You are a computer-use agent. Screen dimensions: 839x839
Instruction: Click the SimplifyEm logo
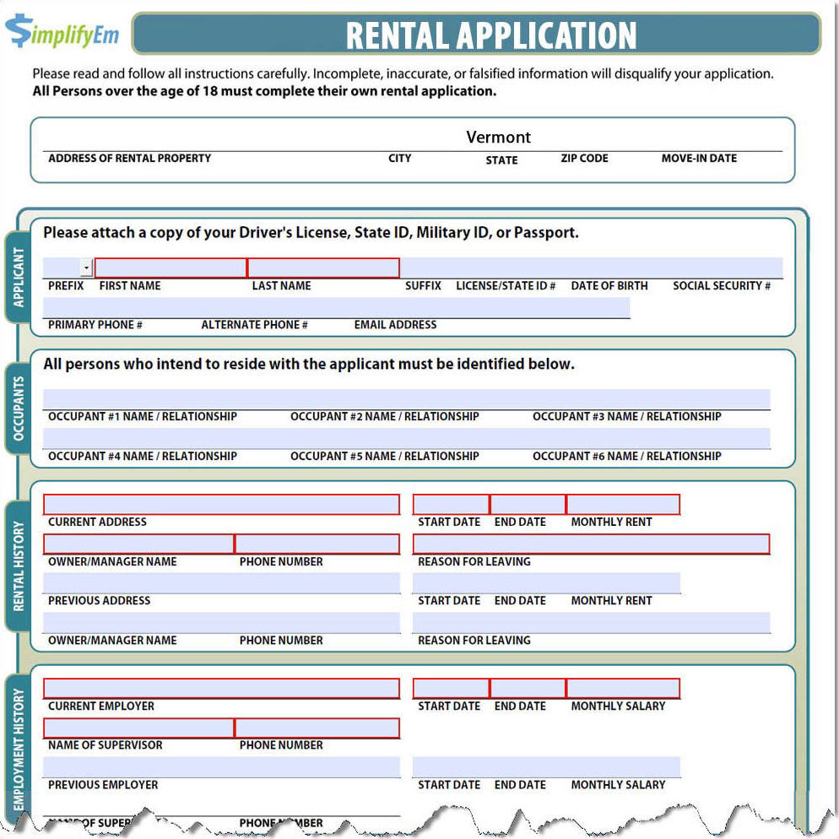[62, 31]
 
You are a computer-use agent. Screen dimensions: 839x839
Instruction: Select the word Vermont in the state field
[499, 137]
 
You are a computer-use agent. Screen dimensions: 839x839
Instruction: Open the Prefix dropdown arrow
[86, 268]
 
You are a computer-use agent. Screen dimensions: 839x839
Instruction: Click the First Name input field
[171, 268]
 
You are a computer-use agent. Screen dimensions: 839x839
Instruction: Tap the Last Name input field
[323, 268]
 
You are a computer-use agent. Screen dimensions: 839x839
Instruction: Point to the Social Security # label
[721, 286]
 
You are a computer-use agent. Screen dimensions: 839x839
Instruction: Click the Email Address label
[395, 325]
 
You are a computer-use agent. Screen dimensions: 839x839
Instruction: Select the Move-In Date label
[699, 159]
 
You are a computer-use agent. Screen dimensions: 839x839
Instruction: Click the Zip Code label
[584, 159]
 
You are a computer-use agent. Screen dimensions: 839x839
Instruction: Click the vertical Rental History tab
[19, 566]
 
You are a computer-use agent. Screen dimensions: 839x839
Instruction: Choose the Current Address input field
[221, 505]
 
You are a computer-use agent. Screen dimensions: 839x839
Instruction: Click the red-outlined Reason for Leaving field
[591, 544]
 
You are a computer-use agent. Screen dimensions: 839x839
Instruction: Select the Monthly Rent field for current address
[623, 505]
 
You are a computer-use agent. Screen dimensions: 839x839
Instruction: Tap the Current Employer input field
[221, 689]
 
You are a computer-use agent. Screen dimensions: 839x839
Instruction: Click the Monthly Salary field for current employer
[623, 689]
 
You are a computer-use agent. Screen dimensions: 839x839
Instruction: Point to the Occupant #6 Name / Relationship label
[626, 457]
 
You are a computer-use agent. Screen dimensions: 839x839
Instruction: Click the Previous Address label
[99, 601]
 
